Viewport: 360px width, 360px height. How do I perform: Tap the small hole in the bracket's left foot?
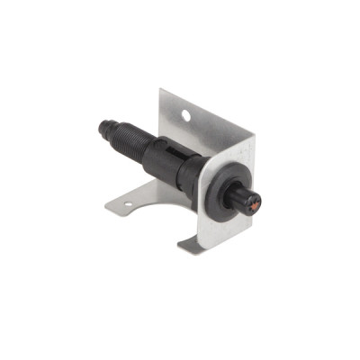[125, 204]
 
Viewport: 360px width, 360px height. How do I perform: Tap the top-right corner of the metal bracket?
[253, 137]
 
